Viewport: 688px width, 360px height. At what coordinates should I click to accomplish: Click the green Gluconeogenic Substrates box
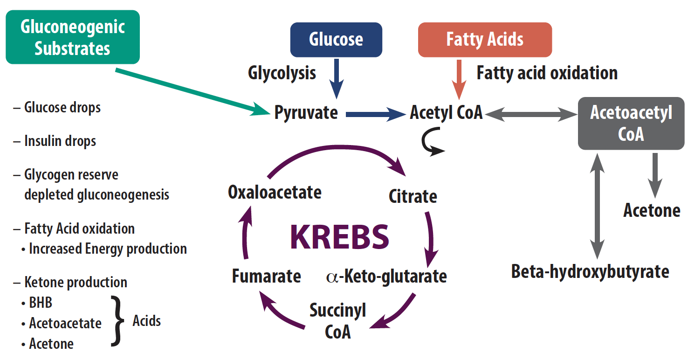click(x=72, y=37)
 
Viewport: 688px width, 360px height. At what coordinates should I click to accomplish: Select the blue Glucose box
click(x=336, y=40)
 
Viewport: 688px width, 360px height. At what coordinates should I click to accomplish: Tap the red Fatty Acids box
click(x=485, y=40)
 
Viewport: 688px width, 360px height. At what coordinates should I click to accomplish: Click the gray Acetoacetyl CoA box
click(x=631, y=124)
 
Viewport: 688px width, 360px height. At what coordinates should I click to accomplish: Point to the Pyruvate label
click(x=306, y=113)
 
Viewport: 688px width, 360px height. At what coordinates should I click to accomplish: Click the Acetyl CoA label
click(x=446, y=113)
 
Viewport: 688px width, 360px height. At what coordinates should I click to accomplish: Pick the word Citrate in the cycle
click(x=413, y=196)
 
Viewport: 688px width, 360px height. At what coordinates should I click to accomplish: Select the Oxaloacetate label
click(x=275, y=192)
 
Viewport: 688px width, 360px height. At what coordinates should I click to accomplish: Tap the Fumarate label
click(x=266, y=276)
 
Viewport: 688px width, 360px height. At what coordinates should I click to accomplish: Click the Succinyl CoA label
click(x=338, y=321)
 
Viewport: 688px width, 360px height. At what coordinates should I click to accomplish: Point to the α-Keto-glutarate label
click(x=387, y=276)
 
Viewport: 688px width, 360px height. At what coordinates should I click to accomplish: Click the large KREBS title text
click(x=339, y=237)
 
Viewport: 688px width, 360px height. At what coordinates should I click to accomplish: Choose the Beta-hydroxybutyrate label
click(x=590, y=271)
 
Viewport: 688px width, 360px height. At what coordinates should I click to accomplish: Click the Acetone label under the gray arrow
click(x=652, y=210)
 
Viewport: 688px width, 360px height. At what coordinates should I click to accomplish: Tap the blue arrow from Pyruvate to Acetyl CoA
click(x=375, y=113)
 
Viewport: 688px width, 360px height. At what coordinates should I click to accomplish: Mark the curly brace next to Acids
click(x=117, y=322)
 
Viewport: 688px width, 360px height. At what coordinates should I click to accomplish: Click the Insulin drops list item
click(x=60, y=141)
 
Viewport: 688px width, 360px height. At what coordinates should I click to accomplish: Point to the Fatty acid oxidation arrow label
click(x=547, y=73)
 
